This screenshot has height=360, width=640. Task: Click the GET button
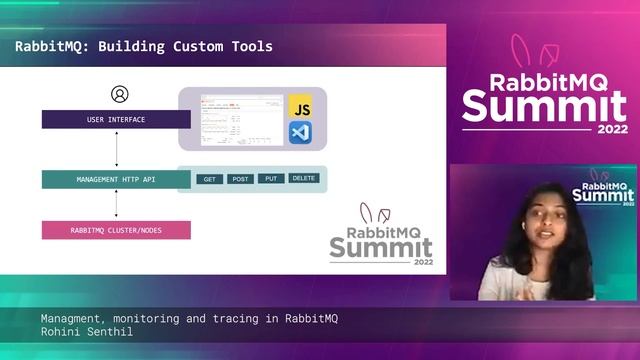click(210, 179)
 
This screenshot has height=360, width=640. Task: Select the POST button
click(240, 179)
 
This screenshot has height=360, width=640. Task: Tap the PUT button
click(271, 179)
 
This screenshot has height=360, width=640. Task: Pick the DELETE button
click(304, 178)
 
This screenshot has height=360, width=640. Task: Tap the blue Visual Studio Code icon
click(299, 132)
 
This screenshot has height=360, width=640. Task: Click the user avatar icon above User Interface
click(120, 95)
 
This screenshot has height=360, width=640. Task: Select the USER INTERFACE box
click(116, 120)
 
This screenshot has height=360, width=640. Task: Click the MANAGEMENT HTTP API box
click(116, 180)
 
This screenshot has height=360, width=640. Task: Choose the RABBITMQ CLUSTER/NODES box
click(116, 230)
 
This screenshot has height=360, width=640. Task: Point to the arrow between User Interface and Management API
click(117, 150)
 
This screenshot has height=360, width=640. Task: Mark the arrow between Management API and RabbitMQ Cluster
click(117, 205)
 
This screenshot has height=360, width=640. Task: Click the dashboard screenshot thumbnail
click(241, 119)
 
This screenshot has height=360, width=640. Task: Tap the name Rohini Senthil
click(88, 332)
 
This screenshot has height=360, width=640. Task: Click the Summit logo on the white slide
click(381, 240)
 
